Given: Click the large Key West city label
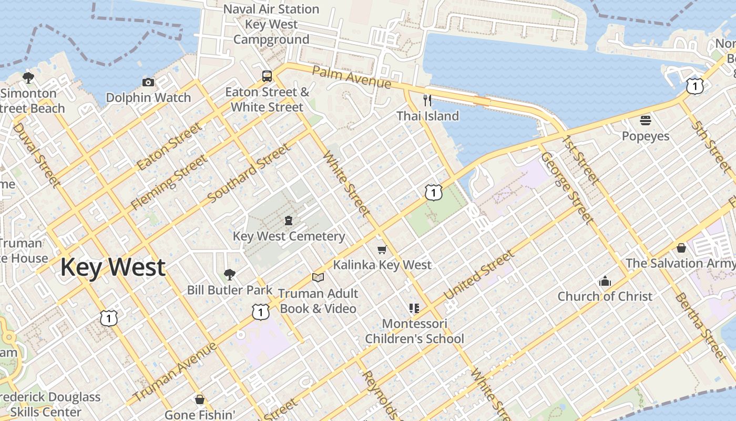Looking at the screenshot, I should (113, 267).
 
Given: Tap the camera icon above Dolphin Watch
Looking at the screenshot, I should (148, 82).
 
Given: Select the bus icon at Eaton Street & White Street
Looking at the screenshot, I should (267, 76).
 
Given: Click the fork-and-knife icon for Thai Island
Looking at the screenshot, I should (427, 100).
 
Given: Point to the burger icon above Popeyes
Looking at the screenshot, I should (646, 121).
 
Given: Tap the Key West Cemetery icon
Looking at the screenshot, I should (288, 220).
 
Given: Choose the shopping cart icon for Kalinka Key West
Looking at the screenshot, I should (382, 249).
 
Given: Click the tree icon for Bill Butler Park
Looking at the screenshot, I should (229, 274).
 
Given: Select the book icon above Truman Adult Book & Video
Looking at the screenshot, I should (318, 277).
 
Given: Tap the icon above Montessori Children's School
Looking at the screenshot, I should (414, 308).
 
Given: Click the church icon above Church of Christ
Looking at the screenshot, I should (605, 281).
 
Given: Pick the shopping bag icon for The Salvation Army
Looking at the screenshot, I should (681, 247).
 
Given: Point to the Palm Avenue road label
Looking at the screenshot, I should (351, 77).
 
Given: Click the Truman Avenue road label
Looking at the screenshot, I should (175, 372).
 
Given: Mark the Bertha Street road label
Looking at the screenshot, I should (700, 323).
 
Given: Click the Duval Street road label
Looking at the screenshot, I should (36, 155).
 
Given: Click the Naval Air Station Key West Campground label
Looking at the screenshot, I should (271, 24).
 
